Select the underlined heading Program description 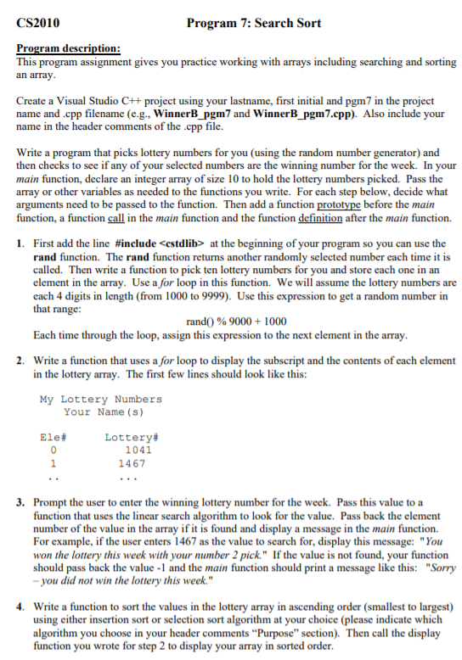click(x=68, y=50)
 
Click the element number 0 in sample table click(x=54, y=450)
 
